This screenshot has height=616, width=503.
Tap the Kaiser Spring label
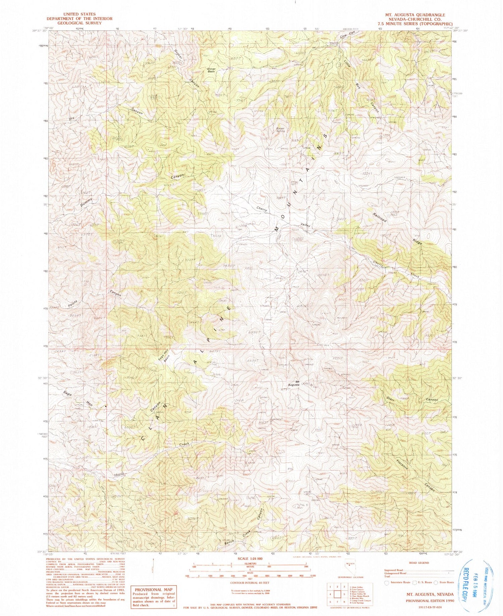point(280,130)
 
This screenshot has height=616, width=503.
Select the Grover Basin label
point(211,70)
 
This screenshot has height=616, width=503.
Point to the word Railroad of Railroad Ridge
point(380,217)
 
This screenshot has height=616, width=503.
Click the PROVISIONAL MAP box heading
point(154,589)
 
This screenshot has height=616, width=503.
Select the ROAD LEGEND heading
point(419,563)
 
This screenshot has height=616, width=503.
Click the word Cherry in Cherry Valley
point(262,208)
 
